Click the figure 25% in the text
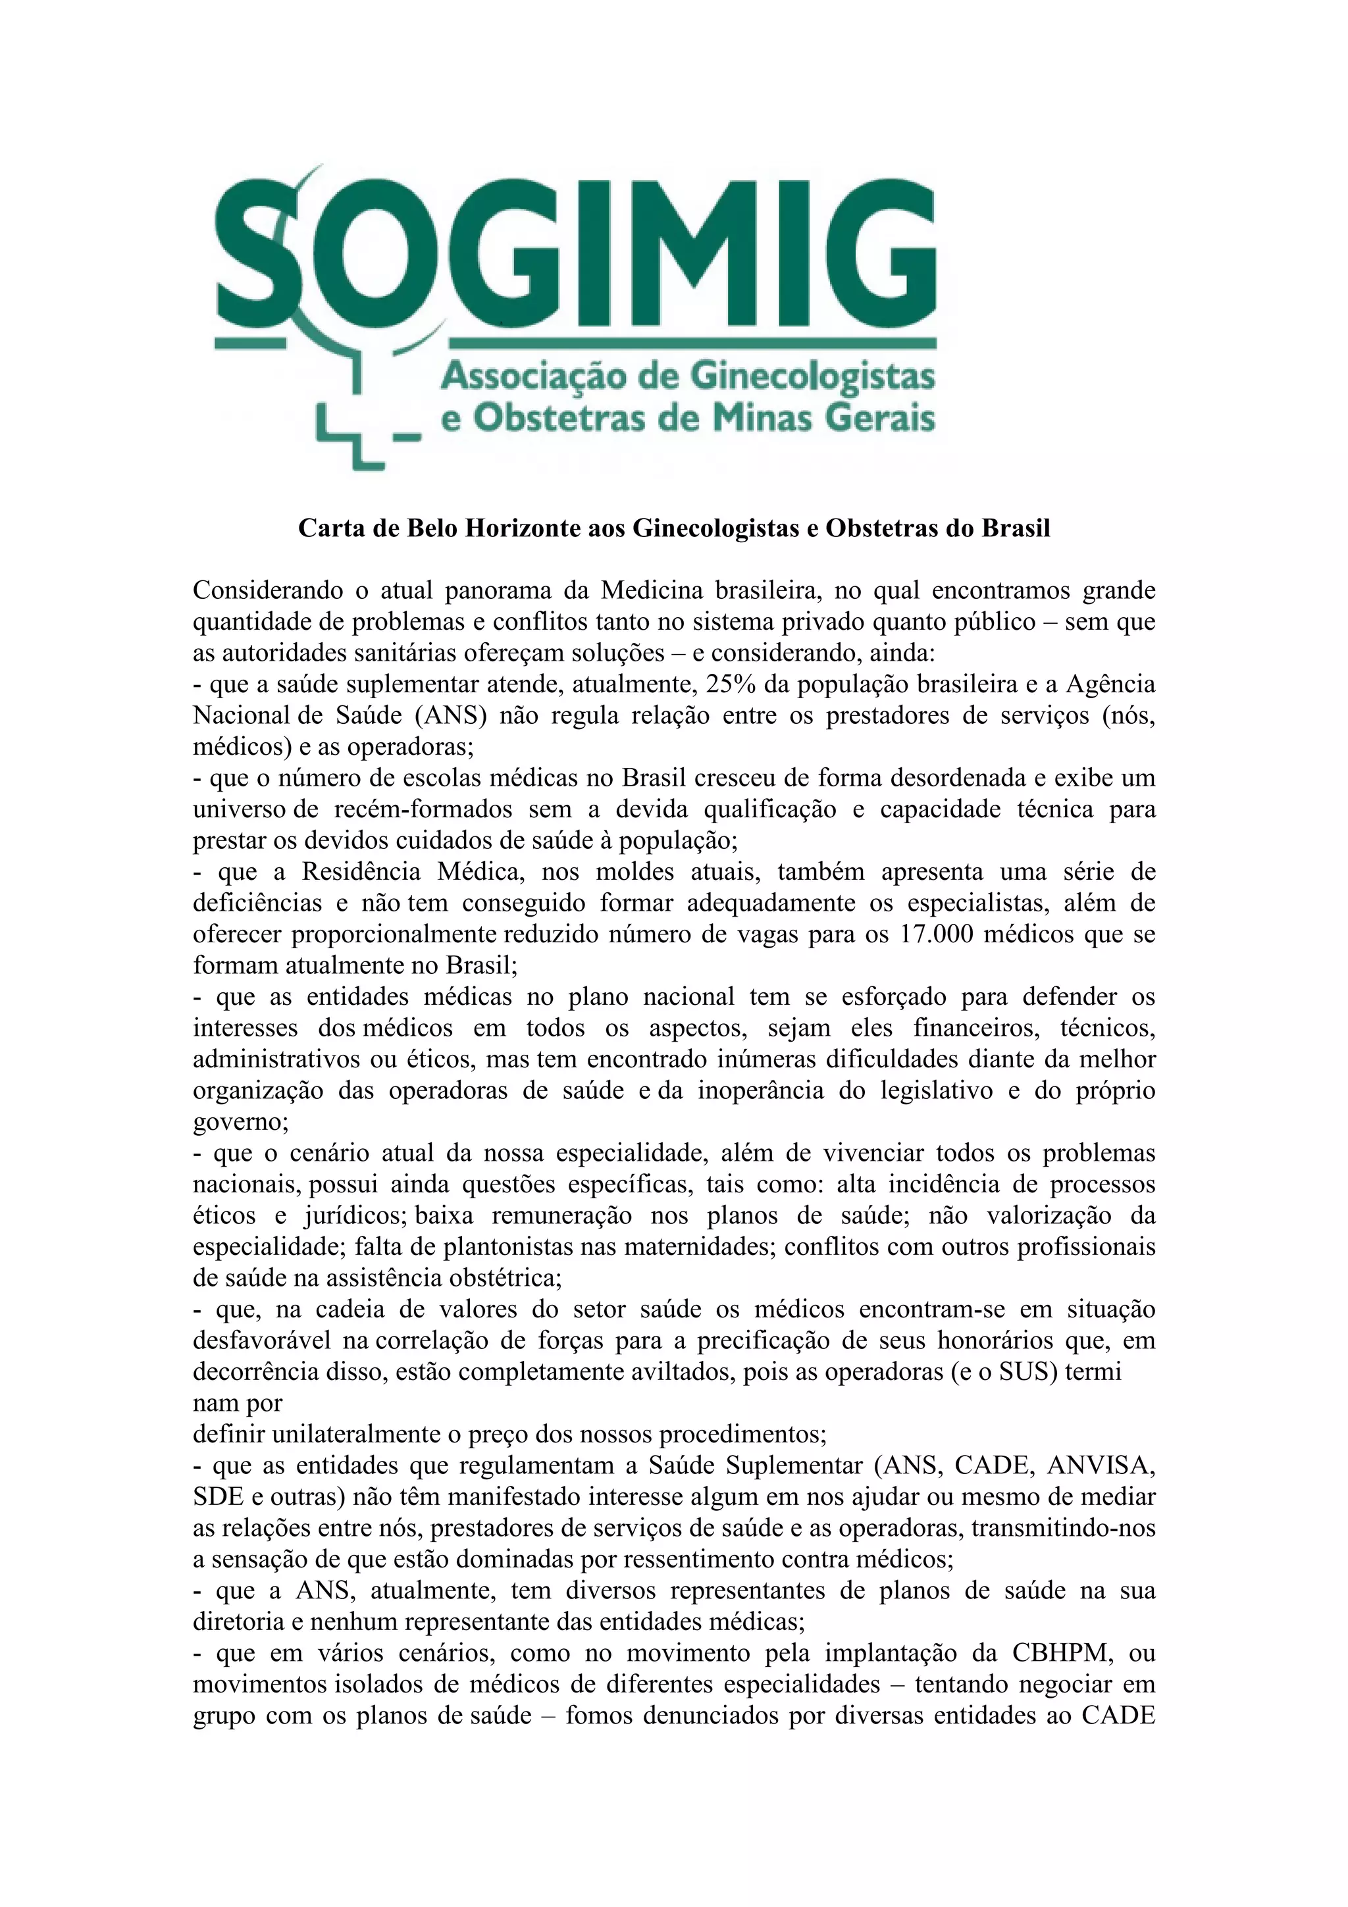tap(730, 684)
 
